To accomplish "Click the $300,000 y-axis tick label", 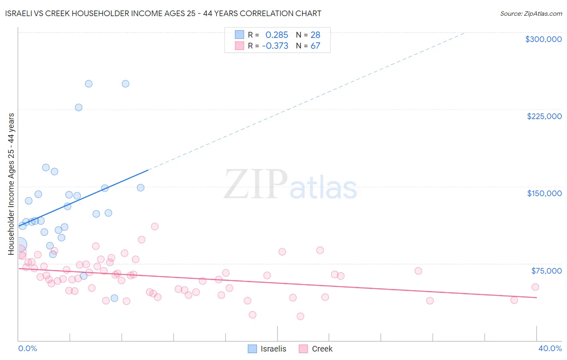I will [x=543, y=39].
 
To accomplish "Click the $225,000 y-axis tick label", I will [x=544, y=116].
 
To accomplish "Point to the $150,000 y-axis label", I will [x=544, y=193].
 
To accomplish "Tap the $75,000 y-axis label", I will [x=546, y=271].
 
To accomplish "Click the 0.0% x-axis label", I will [x=27, y=348].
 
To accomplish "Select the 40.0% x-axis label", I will [x=550, y=348].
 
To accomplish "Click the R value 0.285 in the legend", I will [x=277, y=35].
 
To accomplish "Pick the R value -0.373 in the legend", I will [x=275, y=46].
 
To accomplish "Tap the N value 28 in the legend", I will [x=315, y=35].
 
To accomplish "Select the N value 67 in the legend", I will [x=315, y=46].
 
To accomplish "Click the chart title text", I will [x=163, y=13].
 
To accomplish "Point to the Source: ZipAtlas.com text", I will [x=531, y=14].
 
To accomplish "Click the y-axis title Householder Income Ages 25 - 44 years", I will [x=11, y=184].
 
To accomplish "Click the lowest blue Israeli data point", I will [x=114, y=298].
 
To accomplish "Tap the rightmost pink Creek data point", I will [x=535, y=287].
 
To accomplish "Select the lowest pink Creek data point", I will [x=300, y=316].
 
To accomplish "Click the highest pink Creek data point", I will [x=154, y=226].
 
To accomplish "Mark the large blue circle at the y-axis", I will [x=20, y=245].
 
